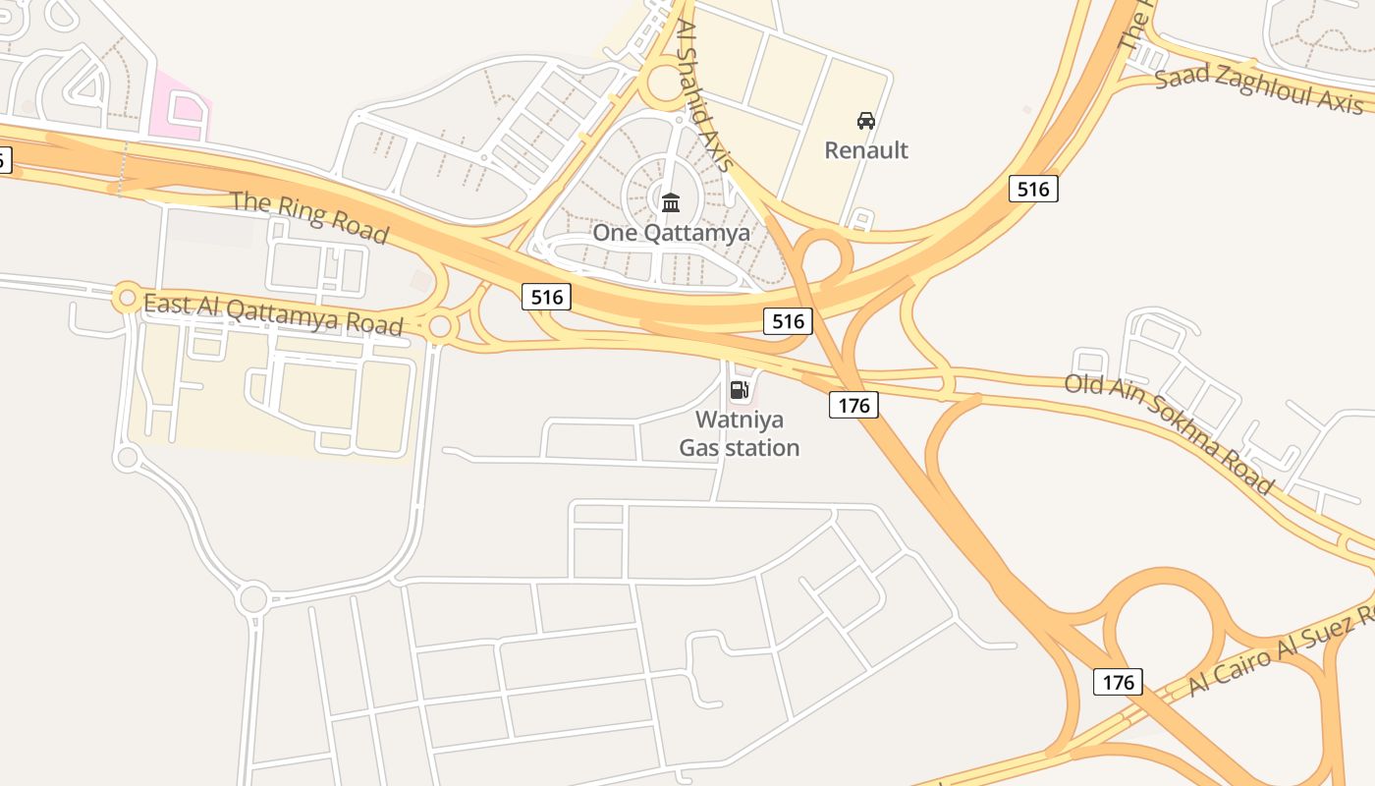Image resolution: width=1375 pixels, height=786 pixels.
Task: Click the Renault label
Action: [x=865, y=150]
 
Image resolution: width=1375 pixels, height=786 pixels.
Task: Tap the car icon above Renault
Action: [x=865, y=121]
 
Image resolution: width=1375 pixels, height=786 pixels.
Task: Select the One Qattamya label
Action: [x=671, y=233]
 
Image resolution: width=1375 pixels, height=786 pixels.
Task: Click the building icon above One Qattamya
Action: [x=671, y=203]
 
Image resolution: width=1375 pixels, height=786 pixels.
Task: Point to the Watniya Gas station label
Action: [x=740, y=433]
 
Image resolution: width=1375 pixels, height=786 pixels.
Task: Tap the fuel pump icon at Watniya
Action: [x=740, y=390]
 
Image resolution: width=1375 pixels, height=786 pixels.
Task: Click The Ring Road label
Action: [x=309, y=217]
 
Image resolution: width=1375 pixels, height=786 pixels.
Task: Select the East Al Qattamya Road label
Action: [x=273, y=313]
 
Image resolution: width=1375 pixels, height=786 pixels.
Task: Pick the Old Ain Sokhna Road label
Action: [x=1169, y=432]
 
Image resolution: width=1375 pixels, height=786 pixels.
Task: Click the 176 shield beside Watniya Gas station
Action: [x=853, y=405]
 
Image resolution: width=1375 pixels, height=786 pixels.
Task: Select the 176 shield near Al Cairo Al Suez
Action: [x=1118, y=682]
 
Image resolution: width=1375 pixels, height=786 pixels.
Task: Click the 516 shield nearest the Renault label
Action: [x=1033, y=189]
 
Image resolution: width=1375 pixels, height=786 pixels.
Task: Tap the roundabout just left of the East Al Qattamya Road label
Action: [x=128, y=296]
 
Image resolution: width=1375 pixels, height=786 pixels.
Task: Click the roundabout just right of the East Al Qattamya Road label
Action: [x=441, y=326]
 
